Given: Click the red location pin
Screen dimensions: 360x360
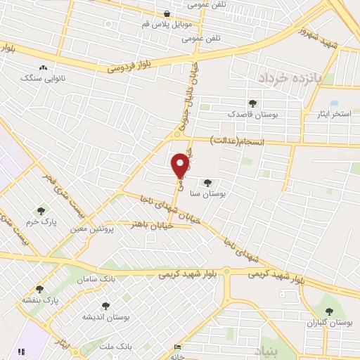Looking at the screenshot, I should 181,165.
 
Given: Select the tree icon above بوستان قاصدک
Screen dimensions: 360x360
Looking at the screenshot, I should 252,103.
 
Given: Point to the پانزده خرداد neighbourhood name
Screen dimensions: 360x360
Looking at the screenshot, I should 288,78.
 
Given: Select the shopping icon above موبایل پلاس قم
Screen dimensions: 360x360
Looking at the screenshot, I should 166,13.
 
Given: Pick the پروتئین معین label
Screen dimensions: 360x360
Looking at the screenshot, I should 92,229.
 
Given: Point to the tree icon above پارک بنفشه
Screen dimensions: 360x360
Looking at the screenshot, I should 39,289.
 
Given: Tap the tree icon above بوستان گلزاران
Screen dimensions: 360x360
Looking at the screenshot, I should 327,310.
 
